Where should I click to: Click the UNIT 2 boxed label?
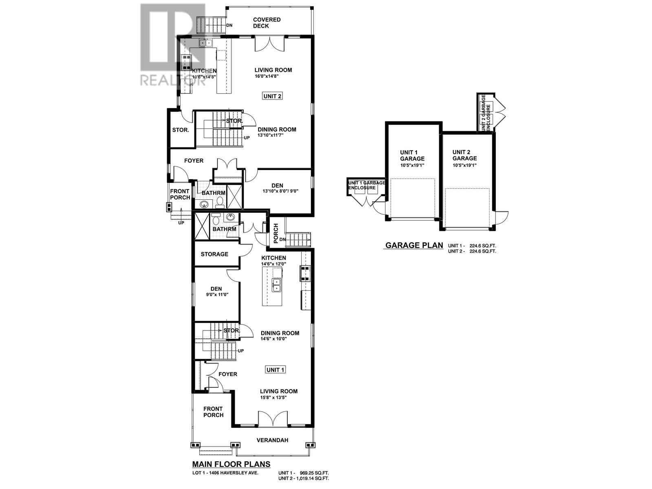pos(273,96)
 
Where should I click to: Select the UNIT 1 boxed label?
pos(275,370)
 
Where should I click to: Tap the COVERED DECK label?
pos(267,23)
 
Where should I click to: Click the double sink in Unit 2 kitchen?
pos(206,43)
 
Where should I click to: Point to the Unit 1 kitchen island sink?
pos(276,284)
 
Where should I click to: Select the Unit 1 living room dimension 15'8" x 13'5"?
pos(273,398)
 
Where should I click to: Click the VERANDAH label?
pos(272,440)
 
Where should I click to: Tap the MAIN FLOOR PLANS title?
pos(231,464)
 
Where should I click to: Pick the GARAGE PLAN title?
pos(414,245)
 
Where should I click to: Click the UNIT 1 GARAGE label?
pos(412,155)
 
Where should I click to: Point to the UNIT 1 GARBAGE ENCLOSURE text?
pos(366,185)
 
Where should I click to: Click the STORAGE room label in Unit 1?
pos(214,254)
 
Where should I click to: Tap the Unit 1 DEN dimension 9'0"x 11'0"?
pos(216,295)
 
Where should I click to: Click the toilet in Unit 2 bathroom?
pos(220,201)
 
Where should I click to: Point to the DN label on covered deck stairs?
pos(229,25)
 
